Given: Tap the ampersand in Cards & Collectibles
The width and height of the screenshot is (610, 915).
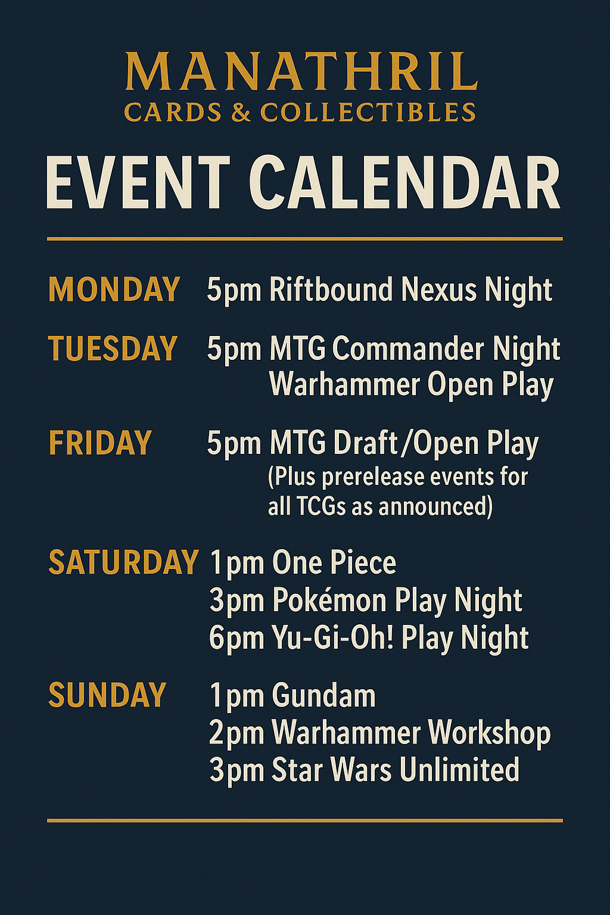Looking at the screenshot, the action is (x=241, y=112).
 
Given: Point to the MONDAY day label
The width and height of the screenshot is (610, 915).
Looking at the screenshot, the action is (x=114, y=289).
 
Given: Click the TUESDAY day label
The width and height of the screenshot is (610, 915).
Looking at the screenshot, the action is (x=113, y=348).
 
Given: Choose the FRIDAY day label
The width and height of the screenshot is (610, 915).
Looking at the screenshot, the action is (x=99, y=443).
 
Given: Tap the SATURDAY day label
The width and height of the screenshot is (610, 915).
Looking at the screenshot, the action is (x=123, y=562).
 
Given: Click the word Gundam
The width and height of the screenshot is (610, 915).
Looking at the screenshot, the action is (x=323, y=695).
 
